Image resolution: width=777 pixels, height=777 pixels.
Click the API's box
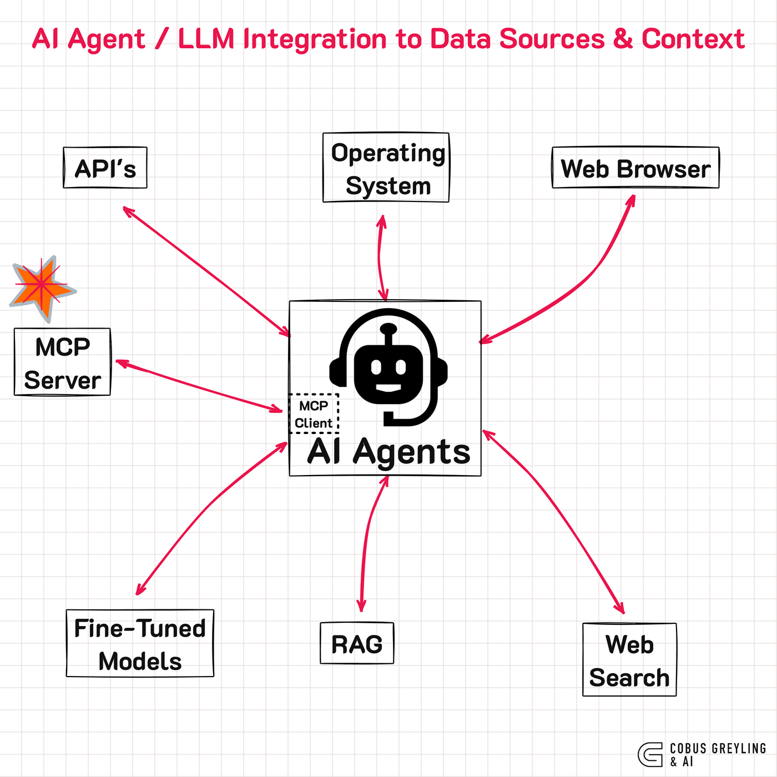pyautogui.click(x=105, y=168)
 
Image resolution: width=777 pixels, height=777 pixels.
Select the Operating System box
pyautogui.click(x=386, y=168)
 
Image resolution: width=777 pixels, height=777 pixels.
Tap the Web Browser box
pyautogui.click(x=635, y=168)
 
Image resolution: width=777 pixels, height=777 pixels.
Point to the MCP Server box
pyautogui.click(x=62, y=362)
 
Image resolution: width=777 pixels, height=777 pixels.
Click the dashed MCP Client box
pyautogui.click(x=314, y=414)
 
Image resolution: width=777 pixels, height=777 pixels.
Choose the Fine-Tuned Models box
pyautogui.click(x=140, y=644)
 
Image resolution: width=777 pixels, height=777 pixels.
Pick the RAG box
pyautogui.click(x=357, y=644)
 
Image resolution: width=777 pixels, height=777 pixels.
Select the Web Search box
pyautogui.click(x=629, y=660)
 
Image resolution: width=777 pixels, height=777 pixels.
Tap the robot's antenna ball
pyautogui.click(x=389, y=328)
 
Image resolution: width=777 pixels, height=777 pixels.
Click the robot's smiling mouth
pyautogui.click(x=389, y=387)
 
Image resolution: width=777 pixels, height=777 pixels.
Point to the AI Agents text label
pyautogui.click(x=389, y=452)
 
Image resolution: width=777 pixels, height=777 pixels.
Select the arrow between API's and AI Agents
pyautogui.click(x=205, y=271)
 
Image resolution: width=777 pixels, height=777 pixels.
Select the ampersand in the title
pyautogui.click(x=623, y=39)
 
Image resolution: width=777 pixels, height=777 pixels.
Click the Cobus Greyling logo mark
pyautogui.click(x=650, y=755)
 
